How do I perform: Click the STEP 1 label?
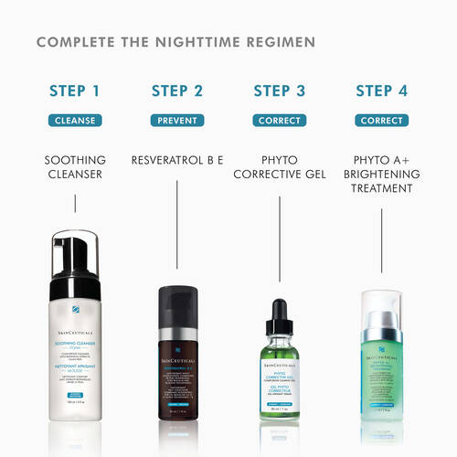[x=75, y=90]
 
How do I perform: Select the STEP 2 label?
[x=177, y=90]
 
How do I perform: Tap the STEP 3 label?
[x=280, y=90]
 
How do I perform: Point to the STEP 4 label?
[x=381, y=90]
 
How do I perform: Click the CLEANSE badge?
[x=75, y=120]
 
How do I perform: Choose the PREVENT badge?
[x=177, y=120]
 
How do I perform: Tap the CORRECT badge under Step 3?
[x=280, y=120]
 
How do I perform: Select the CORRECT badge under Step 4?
[x=381, y=120]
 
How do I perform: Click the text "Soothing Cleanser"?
[x=75, y=166]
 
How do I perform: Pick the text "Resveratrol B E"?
[x=177, y=159]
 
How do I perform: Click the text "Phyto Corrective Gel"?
[x=280, y=166]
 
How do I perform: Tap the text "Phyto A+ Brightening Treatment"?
[x=381, y=174]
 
